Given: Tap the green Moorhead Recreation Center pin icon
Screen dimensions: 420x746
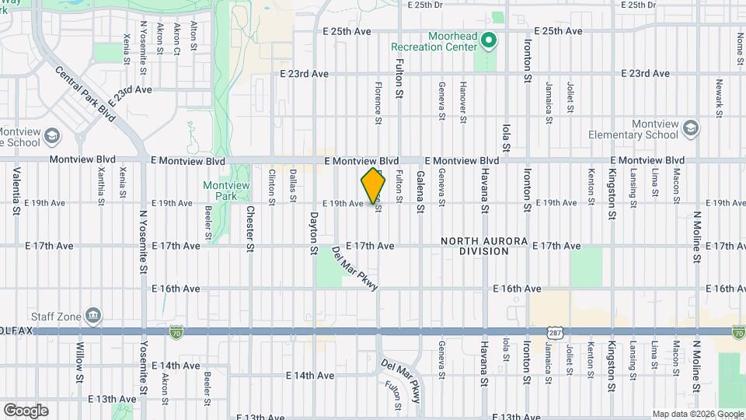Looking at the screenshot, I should [488, 40].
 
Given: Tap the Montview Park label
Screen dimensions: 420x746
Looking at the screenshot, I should [219, 191].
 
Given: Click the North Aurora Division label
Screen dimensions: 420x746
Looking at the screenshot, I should [484, 246].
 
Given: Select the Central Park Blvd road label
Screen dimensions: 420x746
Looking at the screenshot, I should [85, 94].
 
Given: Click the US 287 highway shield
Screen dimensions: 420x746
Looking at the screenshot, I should [554, 332].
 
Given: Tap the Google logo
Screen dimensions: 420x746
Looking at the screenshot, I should [26, 410].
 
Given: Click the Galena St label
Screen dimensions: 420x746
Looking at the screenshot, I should [420, 191].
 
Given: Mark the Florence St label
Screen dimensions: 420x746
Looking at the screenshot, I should [378, 103].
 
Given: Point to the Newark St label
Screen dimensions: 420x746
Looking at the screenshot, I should [720, 94].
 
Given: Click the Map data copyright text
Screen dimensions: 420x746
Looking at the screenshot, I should [697, 414].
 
